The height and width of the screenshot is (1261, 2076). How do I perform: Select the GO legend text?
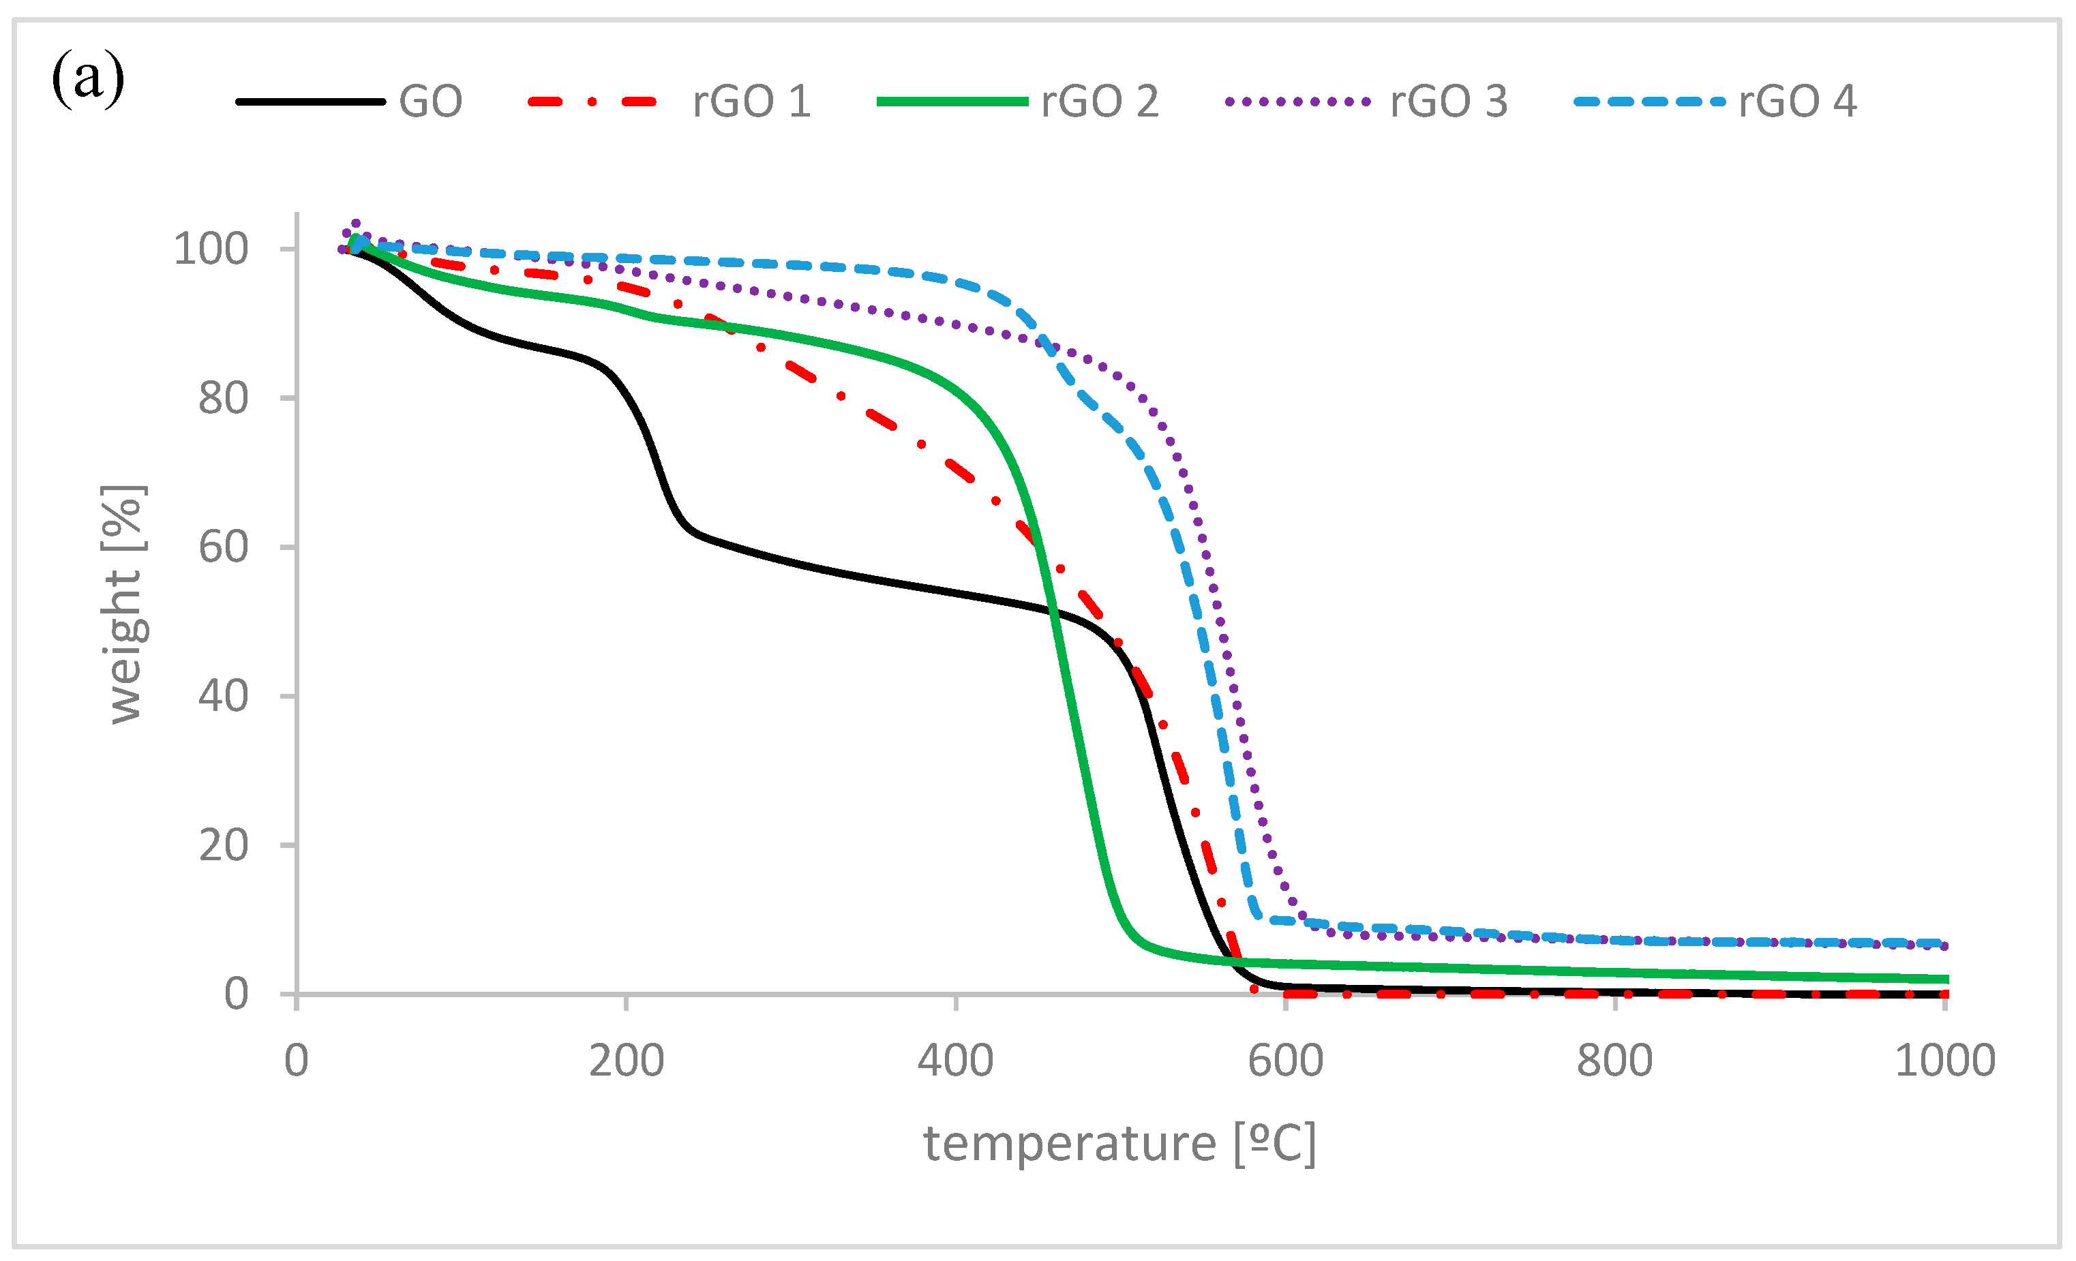coord(430,102)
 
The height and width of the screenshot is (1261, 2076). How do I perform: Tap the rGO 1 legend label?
coord(751,102)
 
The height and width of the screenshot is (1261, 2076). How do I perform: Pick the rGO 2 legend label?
coord(1100,102)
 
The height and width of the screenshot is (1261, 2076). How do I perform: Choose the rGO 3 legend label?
coord(1448,102)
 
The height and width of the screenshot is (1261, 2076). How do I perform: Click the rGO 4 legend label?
coord(1797,102)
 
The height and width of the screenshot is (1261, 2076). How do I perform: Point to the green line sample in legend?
coord(952,102)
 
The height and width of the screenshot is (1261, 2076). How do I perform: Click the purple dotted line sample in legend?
coord(1297,102)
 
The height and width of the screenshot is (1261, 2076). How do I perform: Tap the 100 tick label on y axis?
coord(211,249)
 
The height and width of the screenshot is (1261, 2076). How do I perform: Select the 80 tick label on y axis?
coord(223,399)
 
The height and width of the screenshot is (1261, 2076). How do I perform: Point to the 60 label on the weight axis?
coord(223,547)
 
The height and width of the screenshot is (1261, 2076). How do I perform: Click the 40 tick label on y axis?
coord(223,697)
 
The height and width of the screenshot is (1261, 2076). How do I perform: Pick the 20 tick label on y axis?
coord(223,845)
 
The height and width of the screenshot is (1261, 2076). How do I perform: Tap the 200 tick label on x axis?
coord(626,1061)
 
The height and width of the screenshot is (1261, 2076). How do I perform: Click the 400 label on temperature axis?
coord(955,1061)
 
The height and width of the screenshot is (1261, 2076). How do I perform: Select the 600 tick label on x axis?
coord(1285,1061)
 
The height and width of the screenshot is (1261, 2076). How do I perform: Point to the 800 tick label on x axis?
coord(1614,1061)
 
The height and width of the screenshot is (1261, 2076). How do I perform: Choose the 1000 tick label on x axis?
coord(1944,1061)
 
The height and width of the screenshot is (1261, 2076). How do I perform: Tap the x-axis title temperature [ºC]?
coord(1119,1144)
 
